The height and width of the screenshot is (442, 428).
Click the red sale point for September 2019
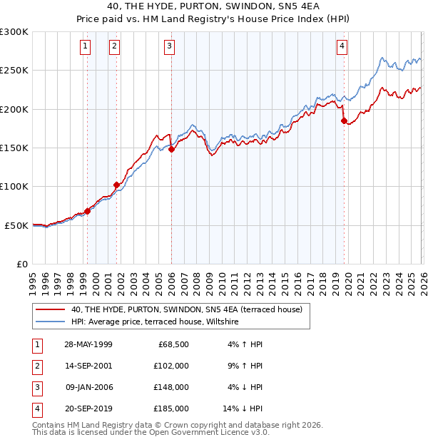tap(344, 121)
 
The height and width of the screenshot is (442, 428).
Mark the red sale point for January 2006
tap(171, 150)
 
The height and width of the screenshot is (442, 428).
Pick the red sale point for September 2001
tap(116, 185)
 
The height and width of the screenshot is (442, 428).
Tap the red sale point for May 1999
tap(88, 211)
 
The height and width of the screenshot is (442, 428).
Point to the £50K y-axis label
tap(16, 225)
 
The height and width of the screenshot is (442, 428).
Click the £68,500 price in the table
tap(173, 344)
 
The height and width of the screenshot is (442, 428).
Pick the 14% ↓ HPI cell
tap(243, 408)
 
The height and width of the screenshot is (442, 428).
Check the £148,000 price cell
tap(171, 387)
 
